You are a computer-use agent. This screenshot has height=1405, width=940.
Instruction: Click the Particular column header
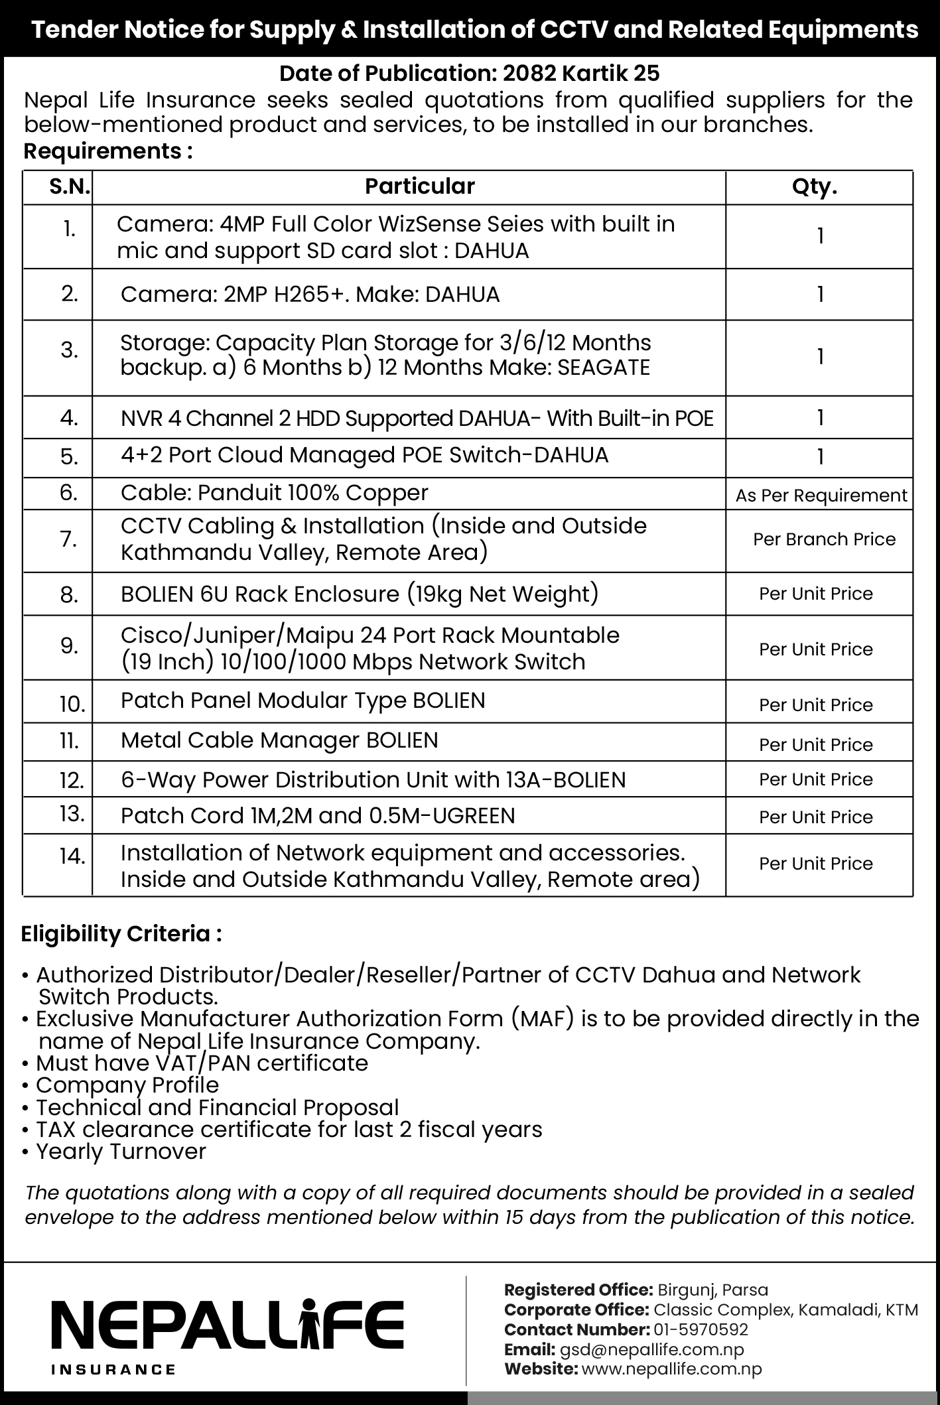[x=419, y=186]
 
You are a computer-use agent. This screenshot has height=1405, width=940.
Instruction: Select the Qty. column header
[x=815, y=187]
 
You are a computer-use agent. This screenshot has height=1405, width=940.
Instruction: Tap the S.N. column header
[x=69, y=187]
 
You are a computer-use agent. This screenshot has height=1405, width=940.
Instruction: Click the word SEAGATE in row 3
[x=604, y=368]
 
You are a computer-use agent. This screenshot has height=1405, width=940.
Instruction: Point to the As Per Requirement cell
[x=821, y=496]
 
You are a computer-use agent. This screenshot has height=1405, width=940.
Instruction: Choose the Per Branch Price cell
[x=824, y=539]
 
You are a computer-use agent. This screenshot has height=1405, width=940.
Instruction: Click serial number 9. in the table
[x=69, y=645]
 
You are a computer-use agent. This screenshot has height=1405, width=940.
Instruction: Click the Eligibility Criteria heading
[x=121, y=934]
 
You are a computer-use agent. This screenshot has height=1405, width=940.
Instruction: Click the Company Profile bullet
[x=127, y=1085]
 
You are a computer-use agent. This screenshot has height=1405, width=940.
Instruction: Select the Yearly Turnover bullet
[x=121, y=1151]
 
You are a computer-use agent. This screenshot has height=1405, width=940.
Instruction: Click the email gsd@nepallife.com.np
[x=651, y=1349]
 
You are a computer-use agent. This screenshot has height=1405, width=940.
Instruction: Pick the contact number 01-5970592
[x=701, y=1329]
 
